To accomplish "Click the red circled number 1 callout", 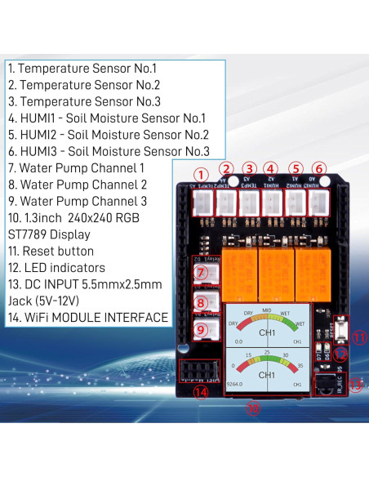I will point(200,175).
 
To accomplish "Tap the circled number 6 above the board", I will point(319,168).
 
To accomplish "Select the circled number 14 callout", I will point(201,391).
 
